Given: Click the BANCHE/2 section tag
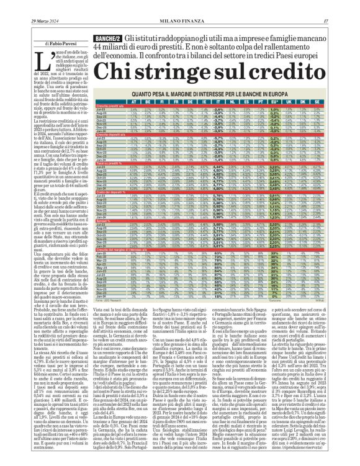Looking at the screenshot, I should coord(107,40).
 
